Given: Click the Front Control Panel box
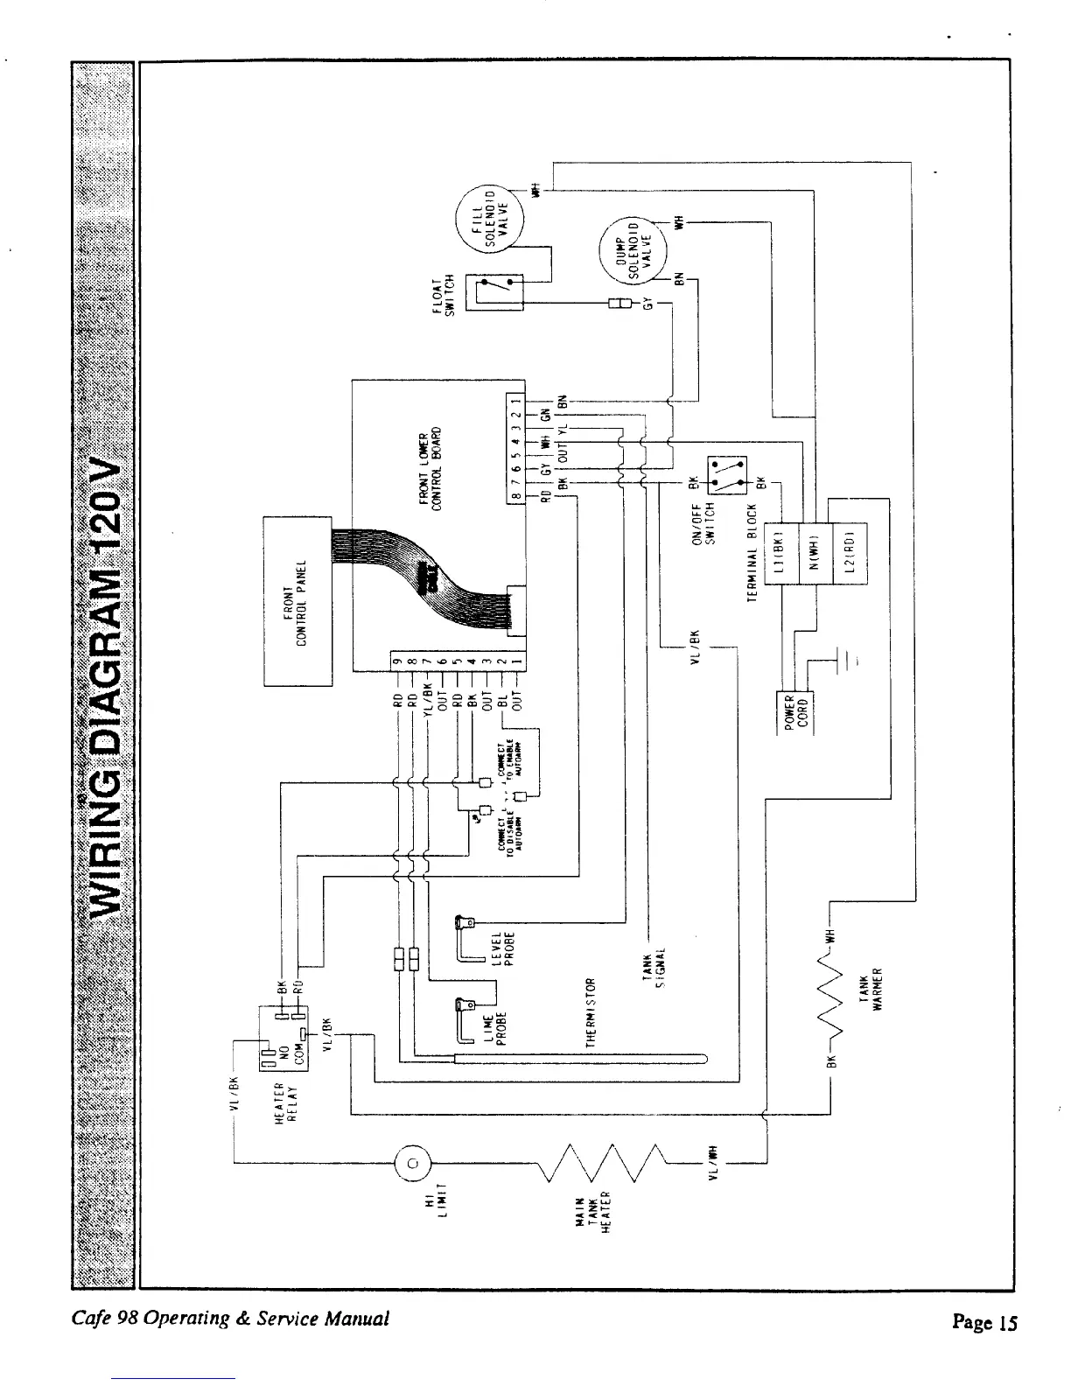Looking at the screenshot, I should coord(297,601).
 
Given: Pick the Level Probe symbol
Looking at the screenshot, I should coord(468,939).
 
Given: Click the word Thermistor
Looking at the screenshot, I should coord(591,1012).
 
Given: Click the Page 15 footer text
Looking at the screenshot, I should coord(984,1321).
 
